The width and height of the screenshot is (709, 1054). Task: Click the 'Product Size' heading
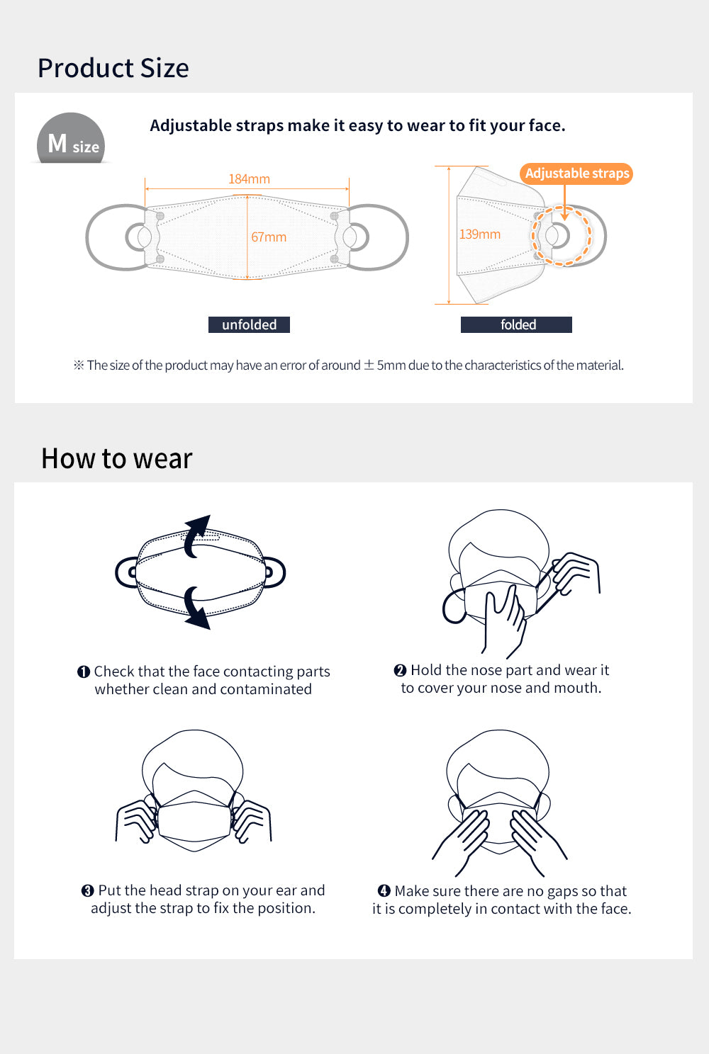(x=113, y=68)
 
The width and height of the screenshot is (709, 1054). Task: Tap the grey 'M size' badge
(x=71, y=138)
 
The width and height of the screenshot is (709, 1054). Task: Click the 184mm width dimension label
(x=249, y=178)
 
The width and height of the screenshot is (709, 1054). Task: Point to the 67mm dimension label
(x=269, y=237)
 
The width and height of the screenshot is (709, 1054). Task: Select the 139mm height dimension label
(x=479, y=234)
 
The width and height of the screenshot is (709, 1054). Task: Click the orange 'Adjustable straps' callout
(x=576, y=173)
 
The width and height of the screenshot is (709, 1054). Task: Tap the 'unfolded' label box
(x=249, y=324)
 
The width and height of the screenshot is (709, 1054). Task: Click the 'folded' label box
(x=516, y=324)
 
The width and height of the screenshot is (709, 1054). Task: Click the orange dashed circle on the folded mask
(x=532, y=235)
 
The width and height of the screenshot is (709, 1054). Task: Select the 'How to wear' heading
(x=117, y=458)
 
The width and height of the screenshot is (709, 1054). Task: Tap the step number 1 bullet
(x=84, y=672)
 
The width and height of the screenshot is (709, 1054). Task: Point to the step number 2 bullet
(x=400, y=671)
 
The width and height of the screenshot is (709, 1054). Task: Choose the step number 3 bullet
(x=88, y=890)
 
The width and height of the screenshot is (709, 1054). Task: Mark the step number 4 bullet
(x=384, y=890)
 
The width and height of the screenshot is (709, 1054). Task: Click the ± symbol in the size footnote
(x=369, y=365)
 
